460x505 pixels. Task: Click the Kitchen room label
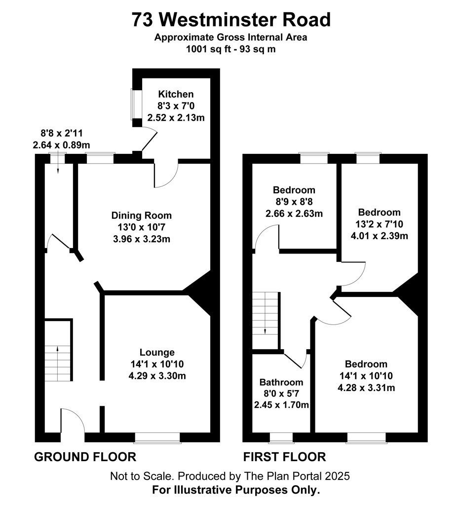coord(176,94)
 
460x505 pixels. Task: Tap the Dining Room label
coord(142,216)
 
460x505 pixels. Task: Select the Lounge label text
coord(157,352)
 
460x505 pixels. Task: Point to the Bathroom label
coord(281,382)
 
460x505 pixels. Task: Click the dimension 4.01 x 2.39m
coord(380,236)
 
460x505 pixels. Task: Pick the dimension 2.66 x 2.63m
coord(294,214)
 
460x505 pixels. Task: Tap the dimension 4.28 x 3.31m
coord(366,388)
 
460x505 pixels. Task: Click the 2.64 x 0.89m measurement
coord(61,145)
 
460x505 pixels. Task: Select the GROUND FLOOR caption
coord(85,457)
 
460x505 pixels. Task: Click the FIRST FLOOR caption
coord(284,457)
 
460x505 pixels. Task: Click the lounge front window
coord(157,438)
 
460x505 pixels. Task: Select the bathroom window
coord(281,438)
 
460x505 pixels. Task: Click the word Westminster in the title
coord(219,20)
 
